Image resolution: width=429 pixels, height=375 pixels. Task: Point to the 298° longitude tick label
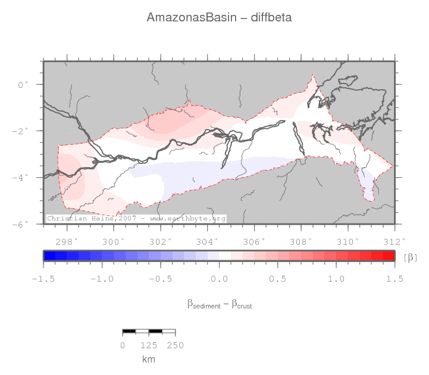pyautogui.click(x=67, y=241)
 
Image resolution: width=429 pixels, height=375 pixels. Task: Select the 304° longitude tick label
pyautogui.click(x=208, y=241)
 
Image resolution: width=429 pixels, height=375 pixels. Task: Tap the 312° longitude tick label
pyautogui.click(x=395, y=241)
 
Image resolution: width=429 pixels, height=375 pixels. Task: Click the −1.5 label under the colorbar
pyautogui.click(x=43, y=279)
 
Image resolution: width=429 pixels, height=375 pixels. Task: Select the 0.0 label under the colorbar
pyautogui.click(x=219, y=279)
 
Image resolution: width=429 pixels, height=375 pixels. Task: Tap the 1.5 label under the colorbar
pyautogui.click(x=394, y=279)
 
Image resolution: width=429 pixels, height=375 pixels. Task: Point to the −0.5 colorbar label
pyautogui.click(x=160, y=279)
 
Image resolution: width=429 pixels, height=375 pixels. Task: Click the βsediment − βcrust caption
pyautogui.click(x=219, y=304)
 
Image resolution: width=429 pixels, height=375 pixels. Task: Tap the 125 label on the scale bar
pyautogui.click(x=149, y=345)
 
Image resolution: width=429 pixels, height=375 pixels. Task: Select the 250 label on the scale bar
pyautogui.click(x=175, y=345)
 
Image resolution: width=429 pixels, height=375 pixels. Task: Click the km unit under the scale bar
pyautogui.click(x=149, y=359)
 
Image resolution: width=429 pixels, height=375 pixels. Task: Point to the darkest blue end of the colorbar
pyautogui.click(x=46, y=256)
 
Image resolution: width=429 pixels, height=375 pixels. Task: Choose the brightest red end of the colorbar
pyautogui.click(x=392, y=256)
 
